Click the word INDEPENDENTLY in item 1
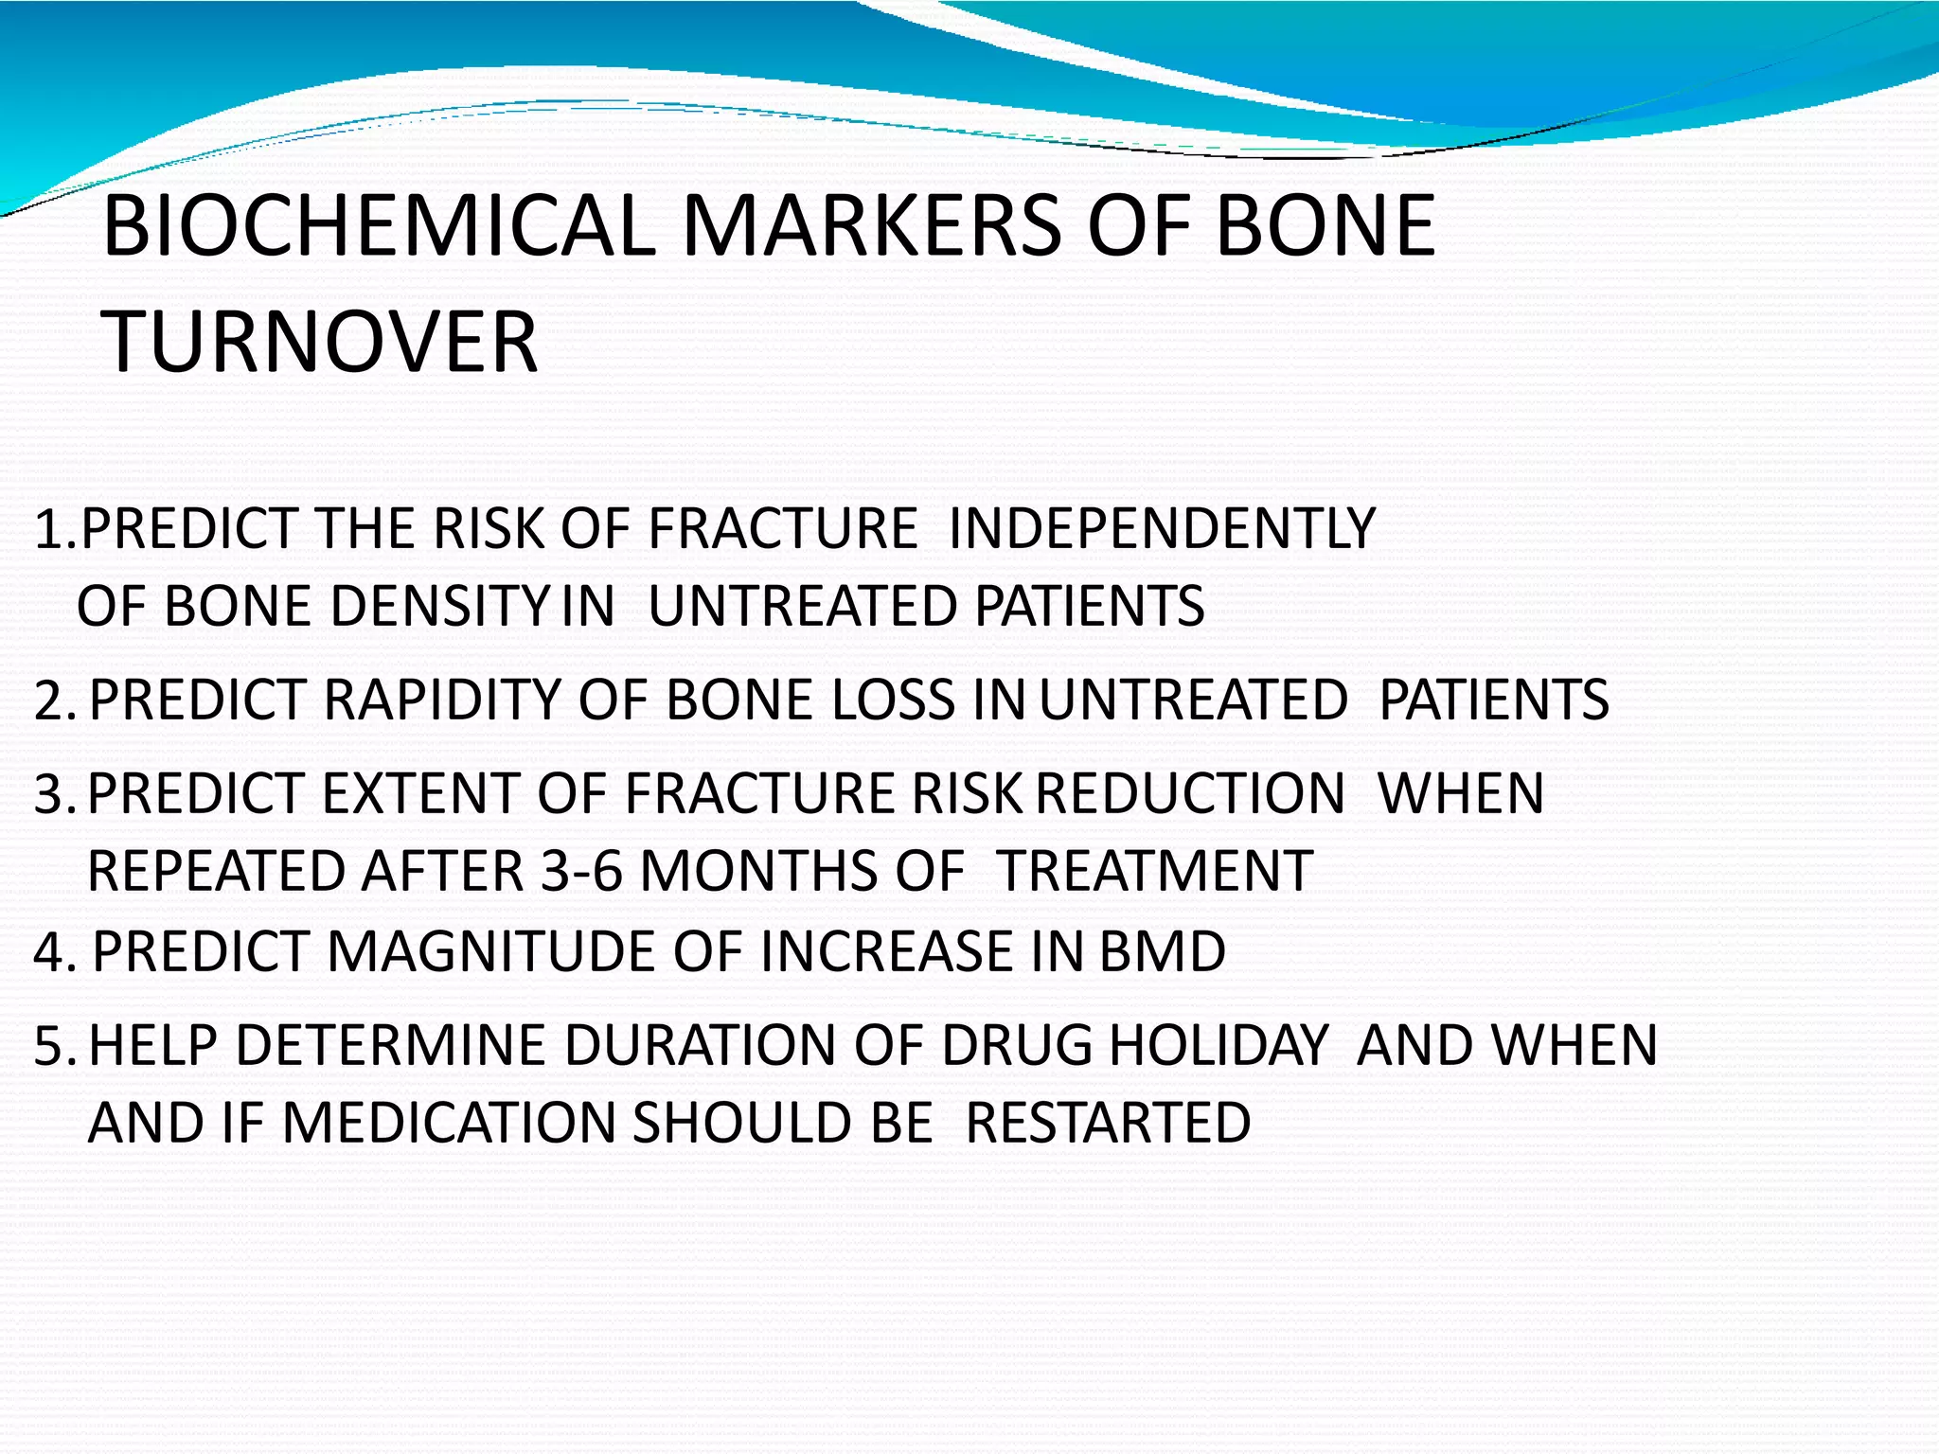[1162, 528]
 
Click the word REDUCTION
[1190, 793]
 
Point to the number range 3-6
[581, 871]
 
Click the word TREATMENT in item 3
[1155, 871]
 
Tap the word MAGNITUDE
[491, 951]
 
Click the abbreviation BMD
[1163, 951]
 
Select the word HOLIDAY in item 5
[1219, 1045]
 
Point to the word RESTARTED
[1108, 1123]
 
